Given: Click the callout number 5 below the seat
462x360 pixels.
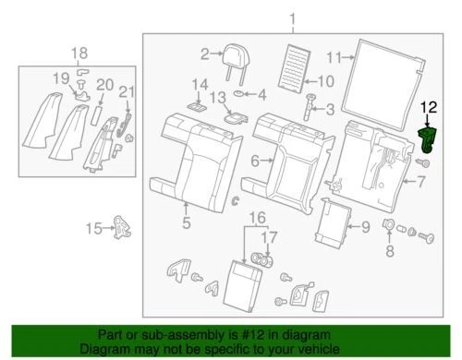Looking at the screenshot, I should tap(186, 222).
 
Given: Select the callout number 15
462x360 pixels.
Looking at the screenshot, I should tap(92, 228).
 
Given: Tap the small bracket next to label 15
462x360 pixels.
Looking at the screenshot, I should tap(120, 225).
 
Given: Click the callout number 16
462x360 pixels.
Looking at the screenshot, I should tap(259, 218).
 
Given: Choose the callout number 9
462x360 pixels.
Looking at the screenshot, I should tap(364, 226).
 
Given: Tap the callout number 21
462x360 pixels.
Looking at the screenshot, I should tap(126, 90).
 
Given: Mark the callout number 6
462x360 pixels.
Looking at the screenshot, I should tap(254, 161).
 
